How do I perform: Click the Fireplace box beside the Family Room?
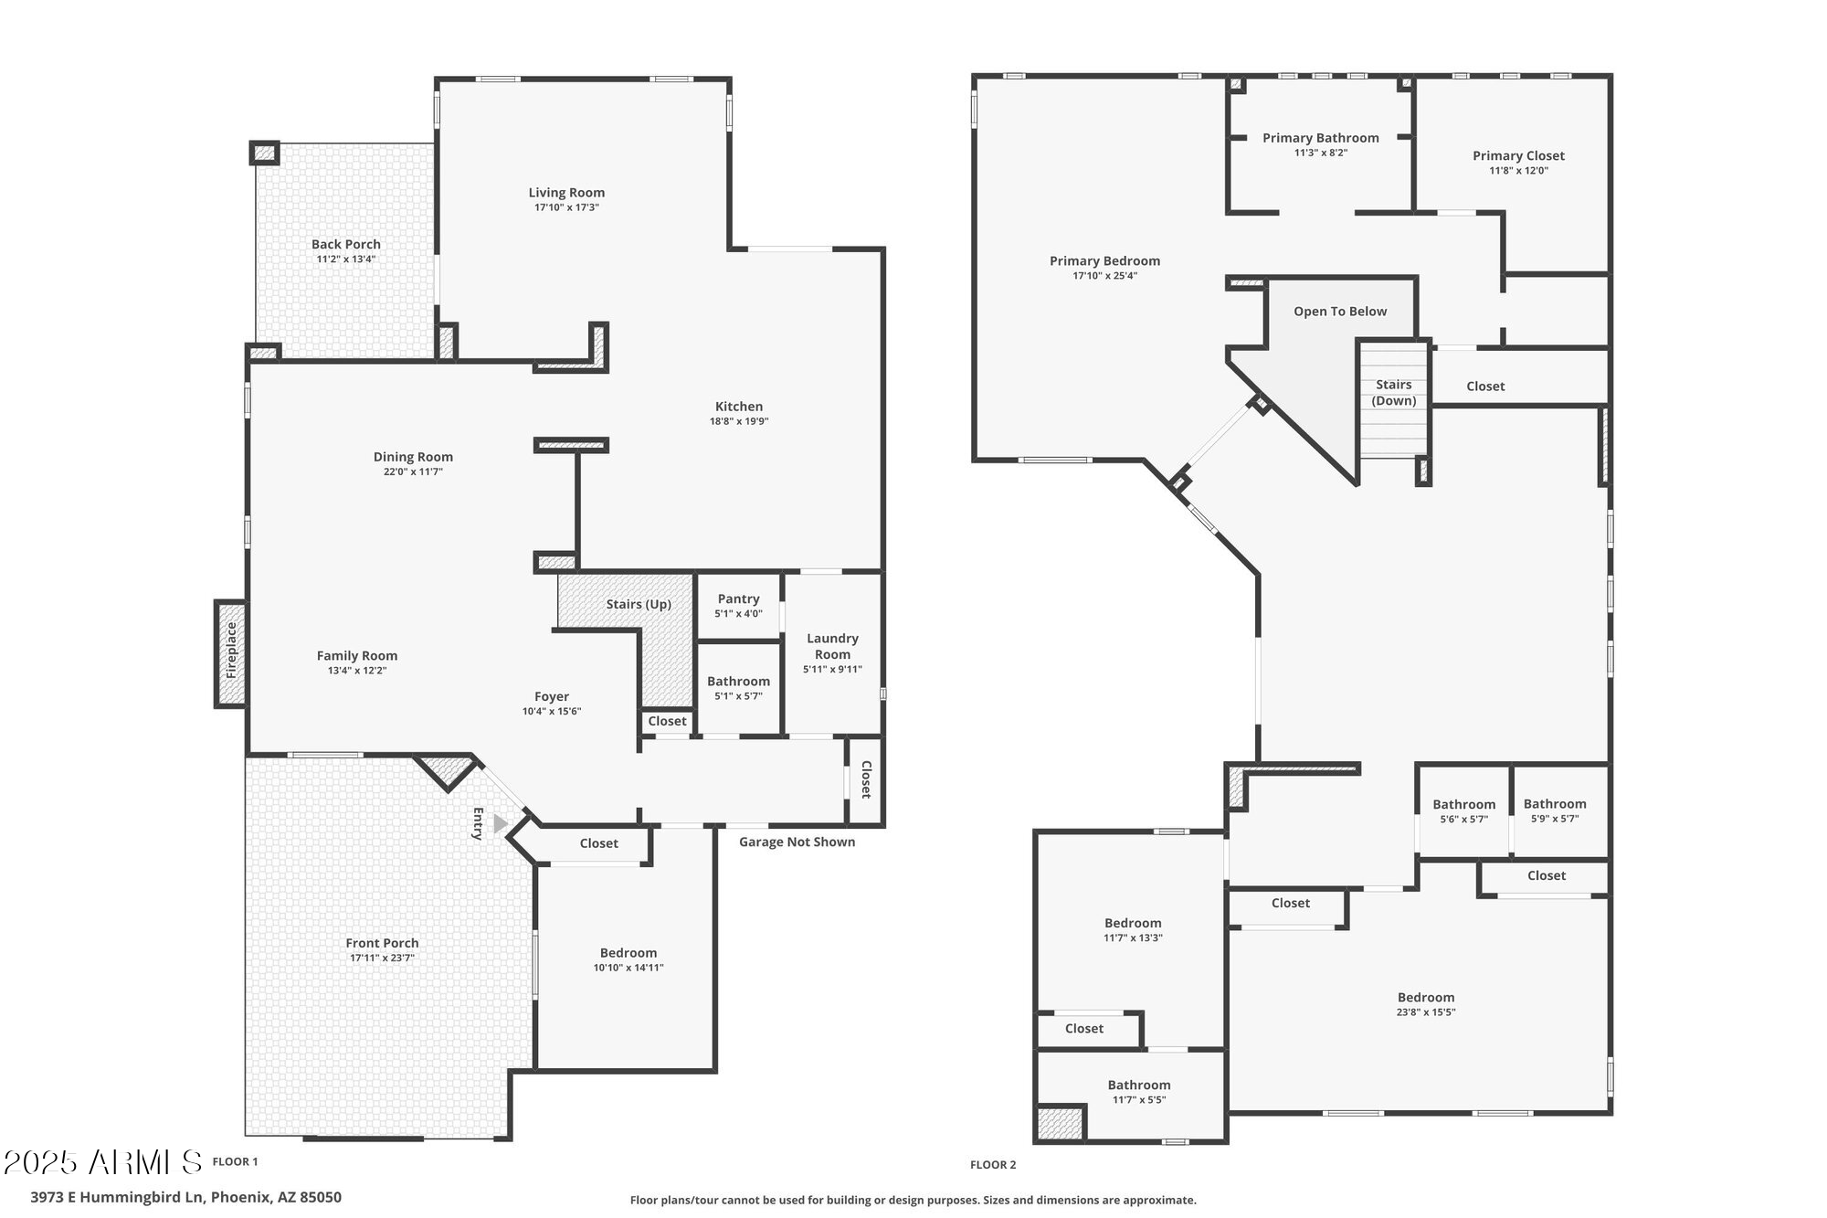click(231, 653)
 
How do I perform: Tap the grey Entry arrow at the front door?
click(500, 824)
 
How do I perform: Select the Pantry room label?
click(738, 599)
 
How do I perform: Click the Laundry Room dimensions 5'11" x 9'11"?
click(832, 670)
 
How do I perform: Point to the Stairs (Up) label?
click(639, 605)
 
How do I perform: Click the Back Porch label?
click(346, 244)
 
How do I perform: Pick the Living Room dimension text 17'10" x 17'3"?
click(566, 207)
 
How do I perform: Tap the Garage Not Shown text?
click(797, 842)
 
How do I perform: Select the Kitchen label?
click(739, 407)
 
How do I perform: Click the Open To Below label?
click(1340, 312)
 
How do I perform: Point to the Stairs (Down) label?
click(1394, 393)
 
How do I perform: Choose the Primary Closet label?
click(1518, 156)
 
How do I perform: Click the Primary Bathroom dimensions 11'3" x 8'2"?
click(1321, 153)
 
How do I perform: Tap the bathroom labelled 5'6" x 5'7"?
click(1463, 811)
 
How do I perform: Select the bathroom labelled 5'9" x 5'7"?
click(1555, 811)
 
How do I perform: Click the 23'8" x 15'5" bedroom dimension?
click(1426, 1012)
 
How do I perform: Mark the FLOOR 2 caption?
click(993, 1165)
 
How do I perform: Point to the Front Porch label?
click(382, 943)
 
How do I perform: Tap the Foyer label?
click(552, 696)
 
